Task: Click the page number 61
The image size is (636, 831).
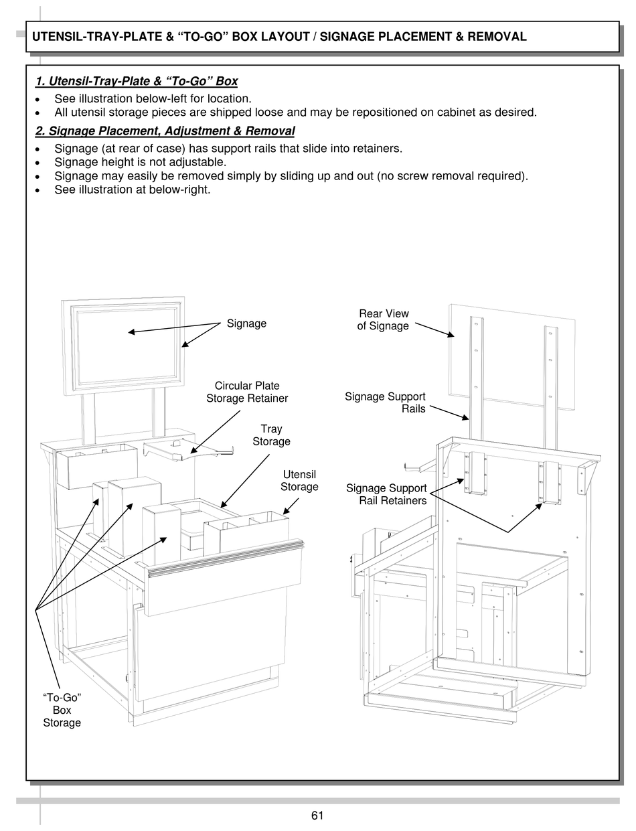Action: click(x=317, y=815)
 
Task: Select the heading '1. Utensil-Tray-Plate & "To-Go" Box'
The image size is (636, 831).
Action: click(x=137, y=82)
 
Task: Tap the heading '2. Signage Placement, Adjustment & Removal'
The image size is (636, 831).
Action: click(x=165, y=131)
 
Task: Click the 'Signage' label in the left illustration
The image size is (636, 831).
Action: click(x=246, y=323)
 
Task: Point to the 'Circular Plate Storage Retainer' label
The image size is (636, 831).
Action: click(x=247, y=392)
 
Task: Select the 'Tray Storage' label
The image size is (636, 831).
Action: click(x=271, y=435)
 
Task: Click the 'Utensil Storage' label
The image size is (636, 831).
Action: click(x=299, y=481)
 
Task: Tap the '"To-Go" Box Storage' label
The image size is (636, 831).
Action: click(x=62, y=710)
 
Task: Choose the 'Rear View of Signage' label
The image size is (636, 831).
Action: click(x=384, y=320)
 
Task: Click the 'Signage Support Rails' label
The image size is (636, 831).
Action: click(x=386, y=402)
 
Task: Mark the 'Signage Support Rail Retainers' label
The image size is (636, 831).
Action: click(x=386, y=495)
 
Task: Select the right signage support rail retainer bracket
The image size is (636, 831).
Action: click(x=550, y=482)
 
